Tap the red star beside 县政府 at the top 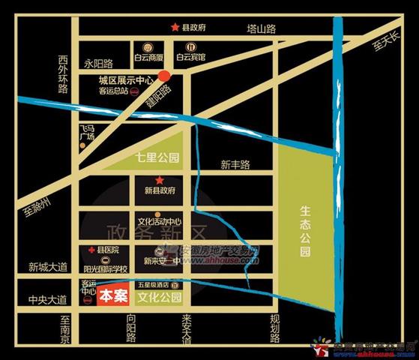point(175,28)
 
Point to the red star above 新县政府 point(159,181)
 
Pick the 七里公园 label point(158,158)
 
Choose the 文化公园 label point(160,298)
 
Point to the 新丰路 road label point(235,164)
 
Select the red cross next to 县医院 point(91,249)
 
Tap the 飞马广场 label point(87,133)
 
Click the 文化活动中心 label point(160,222)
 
